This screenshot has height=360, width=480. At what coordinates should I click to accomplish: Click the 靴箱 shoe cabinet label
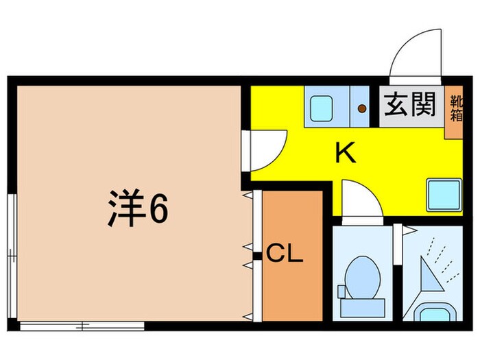coord(456,108)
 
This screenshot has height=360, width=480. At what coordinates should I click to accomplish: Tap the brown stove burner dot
coord(361,107)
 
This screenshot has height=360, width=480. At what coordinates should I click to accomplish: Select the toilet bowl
coord(361,274)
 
